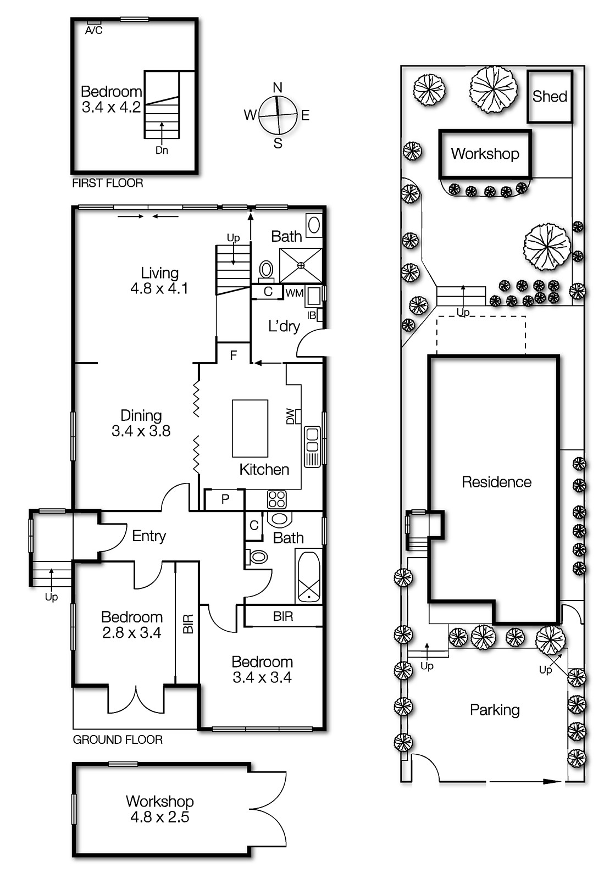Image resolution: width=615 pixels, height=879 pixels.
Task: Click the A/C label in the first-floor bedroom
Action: coord(93,30)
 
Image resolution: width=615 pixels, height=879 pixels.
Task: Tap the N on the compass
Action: coord(278,87)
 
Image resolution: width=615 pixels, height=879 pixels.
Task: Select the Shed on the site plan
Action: coord(550,97)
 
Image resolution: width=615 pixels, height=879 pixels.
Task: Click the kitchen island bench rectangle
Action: coord(250,429)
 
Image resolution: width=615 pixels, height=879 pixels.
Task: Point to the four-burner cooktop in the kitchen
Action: coord(276,499)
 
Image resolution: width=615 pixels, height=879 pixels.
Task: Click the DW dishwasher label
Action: coord(291,416)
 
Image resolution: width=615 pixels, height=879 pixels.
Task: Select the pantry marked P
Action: coord(225,499)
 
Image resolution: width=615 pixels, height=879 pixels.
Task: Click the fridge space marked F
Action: coord(233,355)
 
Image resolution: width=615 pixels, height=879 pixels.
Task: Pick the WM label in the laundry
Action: coord(294,293)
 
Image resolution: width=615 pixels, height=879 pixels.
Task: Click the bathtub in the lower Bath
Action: coord(309,577)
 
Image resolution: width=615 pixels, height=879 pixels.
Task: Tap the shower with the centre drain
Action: coord(301,265)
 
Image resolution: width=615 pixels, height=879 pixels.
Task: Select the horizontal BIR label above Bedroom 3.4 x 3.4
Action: coord(283,616)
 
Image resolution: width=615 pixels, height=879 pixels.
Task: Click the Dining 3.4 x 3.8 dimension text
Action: coord(141,431)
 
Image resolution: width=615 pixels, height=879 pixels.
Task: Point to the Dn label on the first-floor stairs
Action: coord(162,150)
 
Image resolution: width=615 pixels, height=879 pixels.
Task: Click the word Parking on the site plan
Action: coord(495,710)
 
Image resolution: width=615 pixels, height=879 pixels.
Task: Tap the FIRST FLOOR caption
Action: coord(108,183)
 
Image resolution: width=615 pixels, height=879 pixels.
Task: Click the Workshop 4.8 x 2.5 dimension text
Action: coord(159,817)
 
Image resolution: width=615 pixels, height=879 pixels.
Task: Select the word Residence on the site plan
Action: coord(496,482)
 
